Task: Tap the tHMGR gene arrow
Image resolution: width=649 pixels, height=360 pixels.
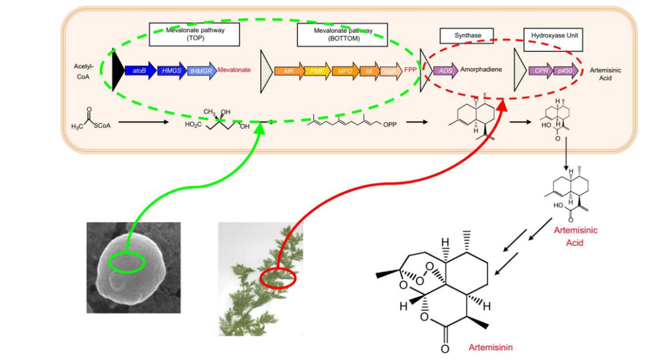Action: tap(202, 71)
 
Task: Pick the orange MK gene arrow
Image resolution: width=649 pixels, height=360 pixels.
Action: tap(289, 71)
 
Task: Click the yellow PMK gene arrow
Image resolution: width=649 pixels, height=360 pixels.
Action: tap(317, 71)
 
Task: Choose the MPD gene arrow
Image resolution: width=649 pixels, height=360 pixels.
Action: tap(345, 71)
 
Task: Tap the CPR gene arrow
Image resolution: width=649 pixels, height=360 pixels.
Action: tap(540, 71)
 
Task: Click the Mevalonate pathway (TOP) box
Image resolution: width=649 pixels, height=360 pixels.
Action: tap(194, 34)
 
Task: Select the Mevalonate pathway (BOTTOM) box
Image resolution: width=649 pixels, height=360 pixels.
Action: tap(342, 34)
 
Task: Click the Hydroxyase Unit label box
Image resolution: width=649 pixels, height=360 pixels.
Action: tap(552, 36)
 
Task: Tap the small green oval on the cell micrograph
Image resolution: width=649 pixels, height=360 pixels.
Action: tap(127, 262)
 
